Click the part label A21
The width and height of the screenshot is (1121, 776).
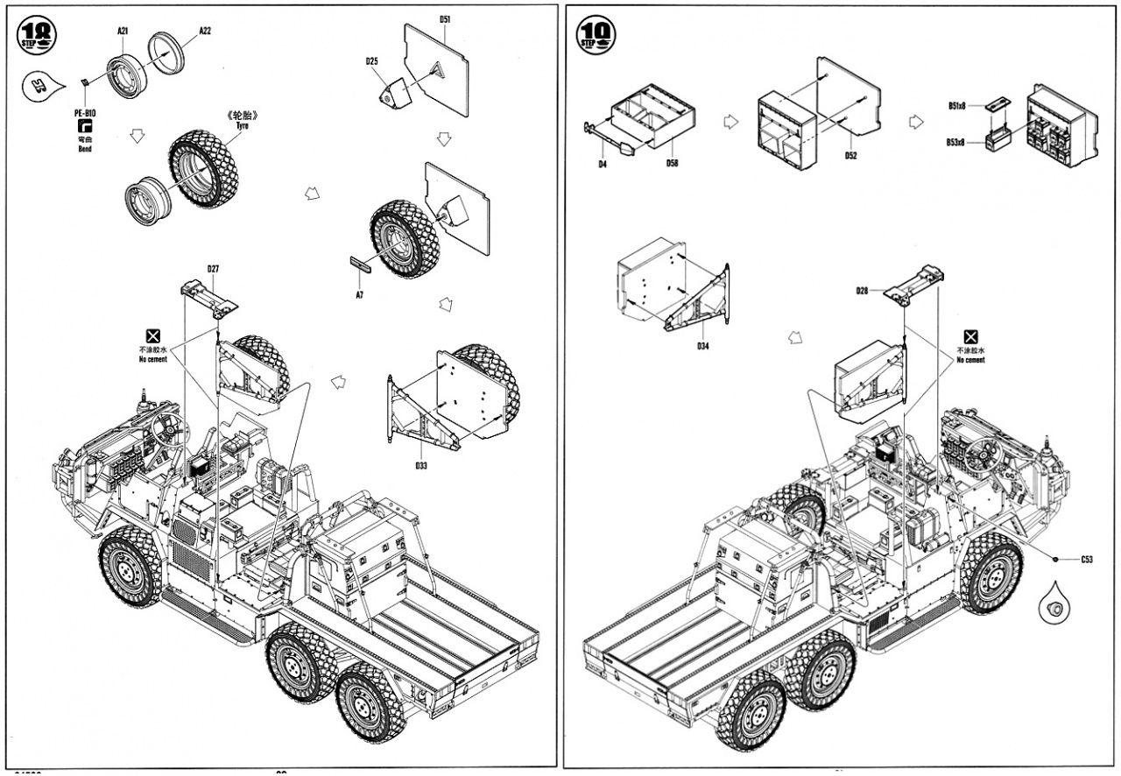[x=123, y=31]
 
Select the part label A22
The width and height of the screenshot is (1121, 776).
[x=204, y=31]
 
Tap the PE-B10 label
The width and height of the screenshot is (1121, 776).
[x=85, y=113]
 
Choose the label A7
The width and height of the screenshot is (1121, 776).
[x=359, y=295]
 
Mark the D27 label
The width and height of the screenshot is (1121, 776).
[x=213, y=269]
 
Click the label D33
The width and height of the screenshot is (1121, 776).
[x=421, y=465]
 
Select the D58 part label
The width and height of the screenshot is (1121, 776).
[x=672, y=163]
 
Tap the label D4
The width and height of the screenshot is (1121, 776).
[x=603, y=163]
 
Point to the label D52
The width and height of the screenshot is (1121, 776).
[x=850, y=156]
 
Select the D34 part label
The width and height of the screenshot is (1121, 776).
[x=703, y=347]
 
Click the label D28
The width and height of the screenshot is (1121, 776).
[x=863, y=291]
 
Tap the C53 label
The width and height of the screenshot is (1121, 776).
[x=1086, y=559]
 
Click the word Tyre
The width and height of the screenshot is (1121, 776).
[x=243, y=126]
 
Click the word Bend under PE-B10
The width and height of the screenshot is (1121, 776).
[x=85, y=149]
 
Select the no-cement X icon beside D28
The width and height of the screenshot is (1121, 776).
[x=970, y=337]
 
